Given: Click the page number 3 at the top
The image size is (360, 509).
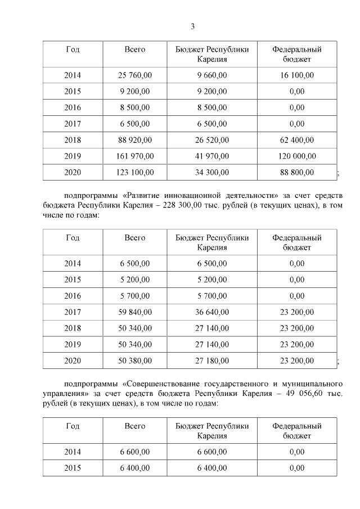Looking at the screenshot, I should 192,26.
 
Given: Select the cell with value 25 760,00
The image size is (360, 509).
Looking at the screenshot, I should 134,75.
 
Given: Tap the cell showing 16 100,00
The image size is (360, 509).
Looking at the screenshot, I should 296,75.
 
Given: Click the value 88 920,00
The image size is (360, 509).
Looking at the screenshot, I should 134,140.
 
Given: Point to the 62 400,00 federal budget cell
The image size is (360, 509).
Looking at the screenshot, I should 296,140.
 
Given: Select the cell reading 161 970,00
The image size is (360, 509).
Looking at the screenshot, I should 134,156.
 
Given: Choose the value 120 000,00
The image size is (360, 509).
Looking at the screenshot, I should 296,156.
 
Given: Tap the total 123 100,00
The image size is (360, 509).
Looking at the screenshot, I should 134,173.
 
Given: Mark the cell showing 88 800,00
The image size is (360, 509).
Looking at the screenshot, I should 296,173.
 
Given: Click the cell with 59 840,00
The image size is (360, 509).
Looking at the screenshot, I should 134,312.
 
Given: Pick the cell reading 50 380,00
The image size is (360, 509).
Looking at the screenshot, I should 134,361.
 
